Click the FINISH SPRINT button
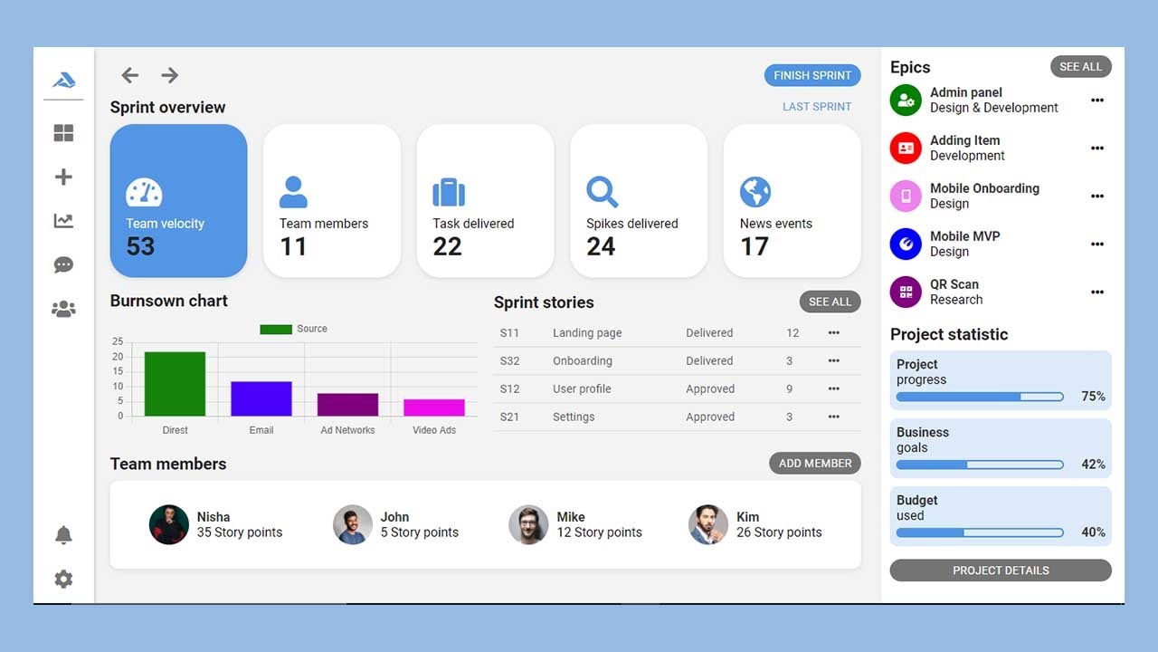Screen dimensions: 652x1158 tap(812, 75)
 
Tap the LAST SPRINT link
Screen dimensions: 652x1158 tap(817, 107)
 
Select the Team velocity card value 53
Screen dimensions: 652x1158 tap(140, 246)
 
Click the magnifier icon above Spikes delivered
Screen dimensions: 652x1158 tap(602, 192)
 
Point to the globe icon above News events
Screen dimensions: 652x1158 tap(755, 192)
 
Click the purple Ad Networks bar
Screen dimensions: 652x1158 tap(347, 404)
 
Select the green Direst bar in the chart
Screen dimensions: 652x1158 tap(175, 384)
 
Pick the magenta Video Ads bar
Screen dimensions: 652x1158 tap(434, 407)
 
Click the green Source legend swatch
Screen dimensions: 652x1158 tap(275, 329)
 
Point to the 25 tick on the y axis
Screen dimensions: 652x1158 tap(118, 341)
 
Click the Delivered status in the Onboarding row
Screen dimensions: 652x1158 tap(709, 360)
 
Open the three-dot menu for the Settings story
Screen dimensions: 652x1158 tap(833, 417)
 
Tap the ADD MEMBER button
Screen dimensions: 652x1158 tap(814, 463)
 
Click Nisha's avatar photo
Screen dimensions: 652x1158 tap(169, 524)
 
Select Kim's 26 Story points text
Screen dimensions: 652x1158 tap(779, 532)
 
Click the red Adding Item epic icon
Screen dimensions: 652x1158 tap(906, 148)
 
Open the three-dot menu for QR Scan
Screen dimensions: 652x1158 tap(1097, 292)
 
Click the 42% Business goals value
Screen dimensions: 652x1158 tap(1093, 465)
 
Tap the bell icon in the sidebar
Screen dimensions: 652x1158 tap(63, 535)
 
